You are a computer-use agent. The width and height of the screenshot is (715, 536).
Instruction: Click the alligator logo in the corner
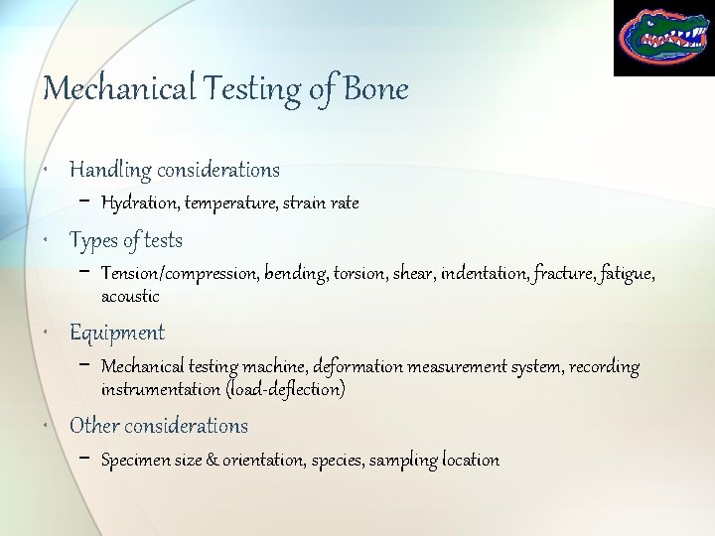tap(662, 38)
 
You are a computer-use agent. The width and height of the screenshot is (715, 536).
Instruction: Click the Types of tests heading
tap(126, 240)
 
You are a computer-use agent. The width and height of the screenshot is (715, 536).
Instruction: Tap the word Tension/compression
tap(180, 274)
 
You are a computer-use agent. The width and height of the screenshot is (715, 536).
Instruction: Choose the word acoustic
tap(130, 296)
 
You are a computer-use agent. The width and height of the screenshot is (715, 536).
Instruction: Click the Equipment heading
tap(117, 333)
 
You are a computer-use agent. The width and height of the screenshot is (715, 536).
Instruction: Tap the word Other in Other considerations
tap(94, 426)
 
